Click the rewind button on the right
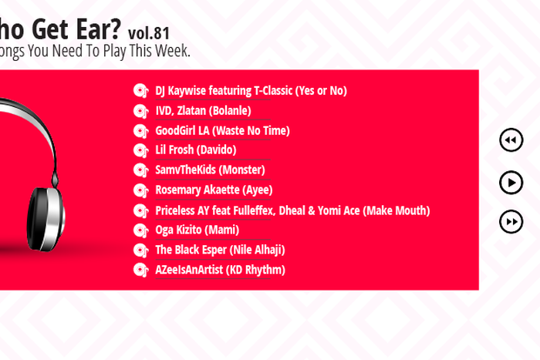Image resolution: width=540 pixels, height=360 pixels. tap(511, 140)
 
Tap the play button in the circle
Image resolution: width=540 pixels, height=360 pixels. tap(511, 182)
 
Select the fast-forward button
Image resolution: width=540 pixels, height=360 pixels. tap(511, 222)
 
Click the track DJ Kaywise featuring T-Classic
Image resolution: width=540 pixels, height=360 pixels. tap(251, 91)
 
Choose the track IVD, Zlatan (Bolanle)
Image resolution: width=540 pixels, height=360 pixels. tap(203, 111)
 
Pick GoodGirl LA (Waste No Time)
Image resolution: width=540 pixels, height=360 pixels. tap(222, 131)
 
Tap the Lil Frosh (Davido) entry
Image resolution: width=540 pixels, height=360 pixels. tap(196, 150)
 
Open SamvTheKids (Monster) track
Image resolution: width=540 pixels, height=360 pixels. tap(210, 170)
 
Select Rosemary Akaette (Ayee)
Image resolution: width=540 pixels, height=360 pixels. tap(214, 190)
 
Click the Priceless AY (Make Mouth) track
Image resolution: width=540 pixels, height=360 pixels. tap(292, 210)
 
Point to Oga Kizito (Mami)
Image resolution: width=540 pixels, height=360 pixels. tap(197, 230)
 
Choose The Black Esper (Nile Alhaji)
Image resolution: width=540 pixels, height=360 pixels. tap(220, 250)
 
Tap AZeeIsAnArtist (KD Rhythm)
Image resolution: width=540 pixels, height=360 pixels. tap(220, 270)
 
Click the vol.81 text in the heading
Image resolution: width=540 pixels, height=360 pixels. tap(149, 33)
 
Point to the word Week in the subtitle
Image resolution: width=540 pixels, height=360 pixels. tap(171, 52)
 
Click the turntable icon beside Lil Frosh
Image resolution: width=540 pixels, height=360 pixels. tap(140, 150)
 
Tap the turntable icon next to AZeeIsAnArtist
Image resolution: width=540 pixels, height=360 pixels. tap(140, 270)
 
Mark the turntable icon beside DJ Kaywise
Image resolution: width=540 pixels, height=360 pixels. tap(140, 91)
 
